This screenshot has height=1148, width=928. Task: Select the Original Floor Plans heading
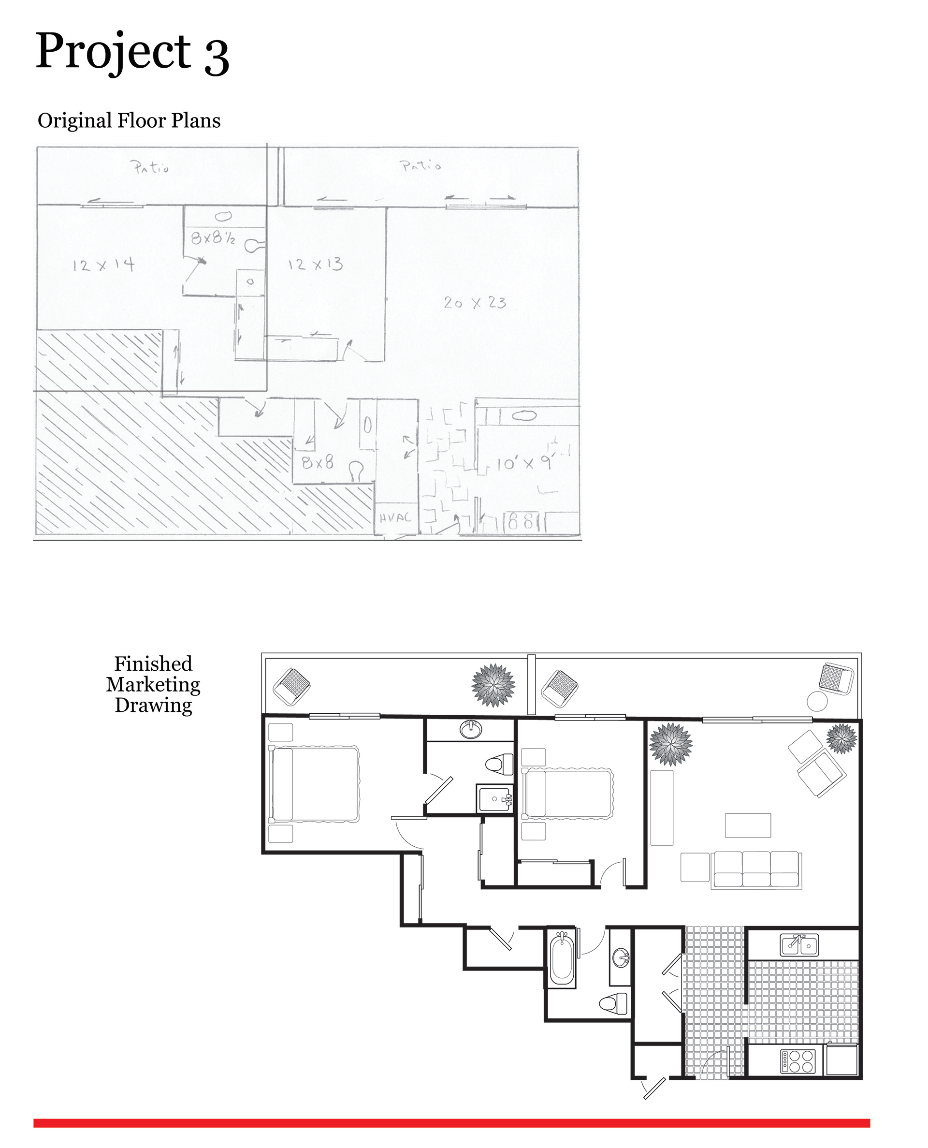[129, 121]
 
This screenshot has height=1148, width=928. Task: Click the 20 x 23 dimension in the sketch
[475, 303]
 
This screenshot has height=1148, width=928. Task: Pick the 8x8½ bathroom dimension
[213, 237]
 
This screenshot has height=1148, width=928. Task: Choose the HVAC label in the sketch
[395, 517]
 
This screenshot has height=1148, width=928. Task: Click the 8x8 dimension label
[318, 462]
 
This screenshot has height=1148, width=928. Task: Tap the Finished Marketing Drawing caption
[153, 684]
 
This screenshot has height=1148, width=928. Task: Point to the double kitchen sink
[799, 945]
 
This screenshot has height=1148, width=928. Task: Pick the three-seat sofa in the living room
[756, 870]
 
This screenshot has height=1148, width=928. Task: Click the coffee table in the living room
[748, 825]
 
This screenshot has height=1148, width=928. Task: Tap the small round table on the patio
[817, 701]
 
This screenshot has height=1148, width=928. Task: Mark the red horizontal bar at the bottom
[452, 1123]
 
